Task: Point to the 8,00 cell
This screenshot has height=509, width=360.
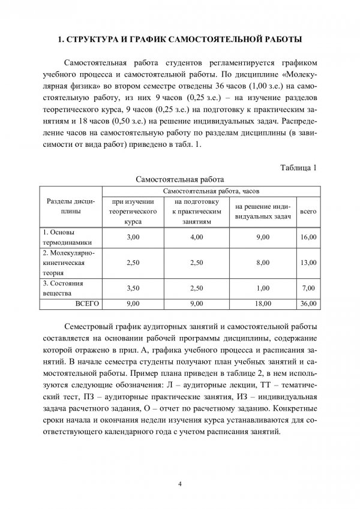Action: (x=262, y=262)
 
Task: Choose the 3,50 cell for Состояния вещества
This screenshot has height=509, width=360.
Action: (x=133, y=287)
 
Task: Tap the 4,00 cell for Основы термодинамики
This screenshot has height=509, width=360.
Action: (x=196, y=237)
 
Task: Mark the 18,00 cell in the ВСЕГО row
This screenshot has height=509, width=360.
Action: (x=262, y=304)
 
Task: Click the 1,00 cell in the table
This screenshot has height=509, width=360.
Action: (x=262, y=287)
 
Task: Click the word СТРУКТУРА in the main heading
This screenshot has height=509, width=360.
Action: (x=93, y=40)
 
